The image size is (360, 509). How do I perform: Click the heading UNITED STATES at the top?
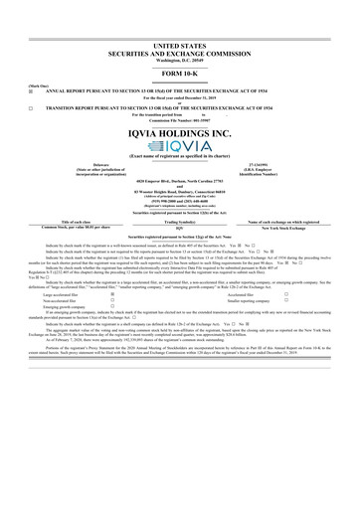180,46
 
